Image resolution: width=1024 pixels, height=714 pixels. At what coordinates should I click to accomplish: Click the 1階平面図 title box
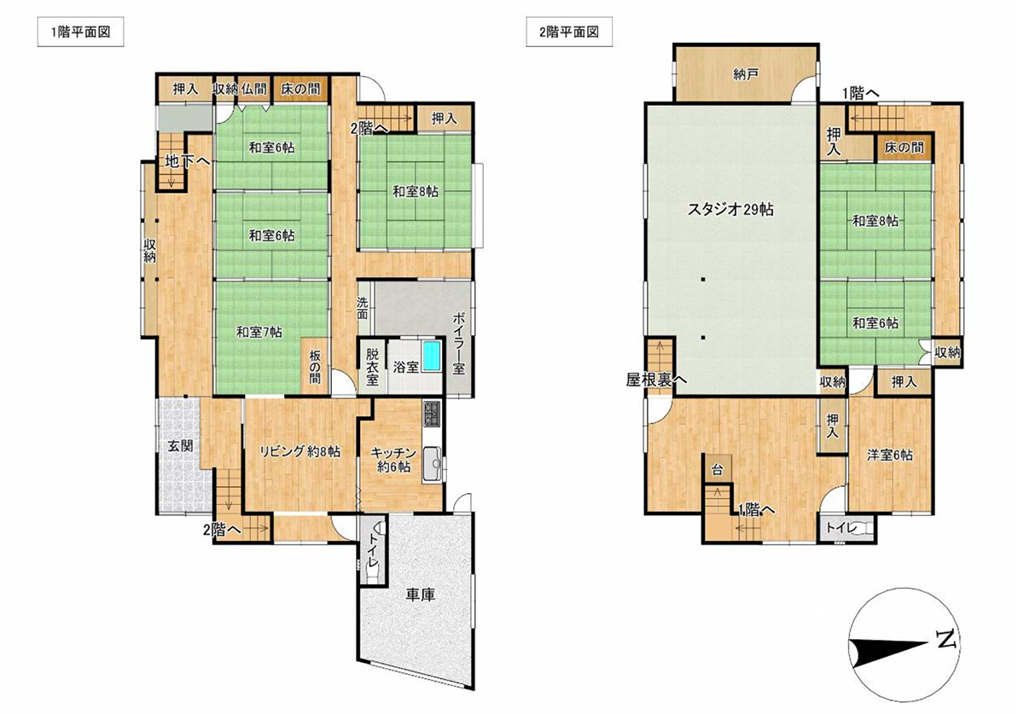click(80, 32)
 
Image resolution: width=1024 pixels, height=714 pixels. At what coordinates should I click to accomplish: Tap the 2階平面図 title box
click(569, 32)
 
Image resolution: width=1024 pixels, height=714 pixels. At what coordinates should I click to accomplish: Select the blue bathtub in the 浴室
click(432, 357)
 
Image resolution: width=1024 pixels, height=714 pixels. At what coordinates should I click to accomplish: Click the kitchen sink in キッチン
click(432, 463)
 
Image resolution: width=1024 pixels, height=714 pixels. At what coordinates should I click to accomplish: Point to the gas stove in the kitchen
click(432, 414)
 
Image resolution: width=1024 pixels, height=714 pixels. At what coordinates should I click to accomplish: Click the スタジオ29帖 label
click(730, 209)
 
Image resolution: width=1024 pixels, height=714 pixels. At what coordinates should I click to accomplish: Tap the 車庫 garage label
click(421, 595)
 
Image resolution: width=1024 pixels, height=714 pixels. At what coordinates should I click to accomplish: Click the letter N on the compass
click(945, 639)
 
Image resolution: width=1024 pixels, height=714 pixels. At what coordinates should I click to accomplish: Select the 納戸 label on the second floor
click(746, 74)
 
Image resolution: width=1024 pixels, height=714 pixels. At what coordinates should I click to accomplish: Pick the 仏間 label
click(253, 89)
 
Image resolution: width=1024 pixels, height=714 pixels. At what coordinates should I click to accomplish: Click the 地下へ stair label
click(188, 161)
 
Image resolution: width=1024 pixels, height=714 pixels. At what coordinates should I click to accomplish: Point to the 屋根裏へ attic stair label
click(656, 380)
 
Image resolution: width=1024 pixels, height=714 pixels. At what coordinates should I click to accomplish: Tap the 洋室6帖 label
click(890, 456)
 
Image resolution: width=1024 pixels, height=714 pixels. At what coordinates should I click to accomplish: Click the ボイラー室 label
click(458, 343)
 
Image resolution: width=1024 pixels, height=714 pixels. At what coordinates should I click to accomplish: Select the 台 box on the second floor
click(718, 469)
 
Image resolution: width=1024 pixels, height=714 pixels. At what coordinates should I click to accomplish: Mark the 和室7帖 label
click(259, 332)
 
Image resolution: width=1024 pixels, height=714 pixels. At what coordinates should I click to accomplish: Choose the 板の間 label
click(315, 367)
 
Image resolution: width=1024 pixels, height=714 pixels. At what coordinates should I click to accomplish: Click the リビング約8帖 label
click(300, 451)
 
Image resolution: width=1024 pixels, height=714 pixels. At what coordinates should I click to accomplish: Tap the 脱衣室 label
click(372, 367)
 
